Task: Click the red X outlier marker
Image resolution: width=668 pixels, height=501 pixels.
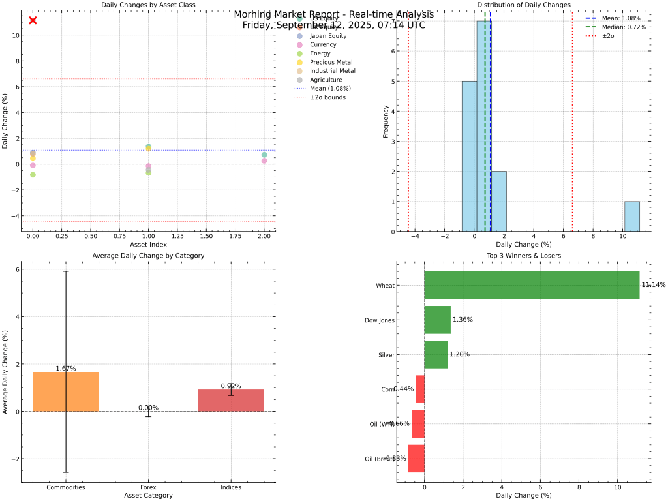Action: (33, 20)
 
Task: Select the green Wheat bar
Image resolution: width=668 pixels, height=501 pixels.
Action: (532, 285)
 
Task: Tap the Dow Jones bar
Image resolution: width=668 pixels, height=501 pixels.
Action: (437, 320)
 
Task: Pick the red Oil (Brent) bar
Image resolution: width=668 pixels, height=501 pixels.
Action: (416, 459)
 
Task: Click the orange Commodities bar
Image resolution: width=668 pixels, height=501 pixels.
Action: (66, 391)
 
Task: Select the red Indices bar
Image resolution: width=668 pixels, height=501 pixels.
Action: (231, 401)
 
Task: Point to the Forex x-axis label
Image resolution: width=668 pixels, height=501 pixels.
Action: (148, 487)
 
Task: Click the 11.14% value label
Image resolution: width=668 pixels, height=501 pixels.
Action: (654, 285)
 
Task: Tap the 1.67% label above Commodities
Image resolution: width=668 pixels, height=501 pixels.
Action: (66, 369)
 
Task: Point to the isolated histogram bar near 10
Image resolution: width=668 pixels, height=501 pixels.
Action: (631, 216)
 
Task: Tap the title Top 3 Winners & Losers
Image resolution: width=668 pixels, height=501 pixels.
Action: (523, 256)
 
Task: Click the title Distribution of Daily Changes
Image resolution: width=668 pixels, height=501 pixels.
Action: (523, 5)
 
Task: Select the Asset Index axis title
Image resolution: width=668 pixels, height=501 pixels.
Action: (148, 244)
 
